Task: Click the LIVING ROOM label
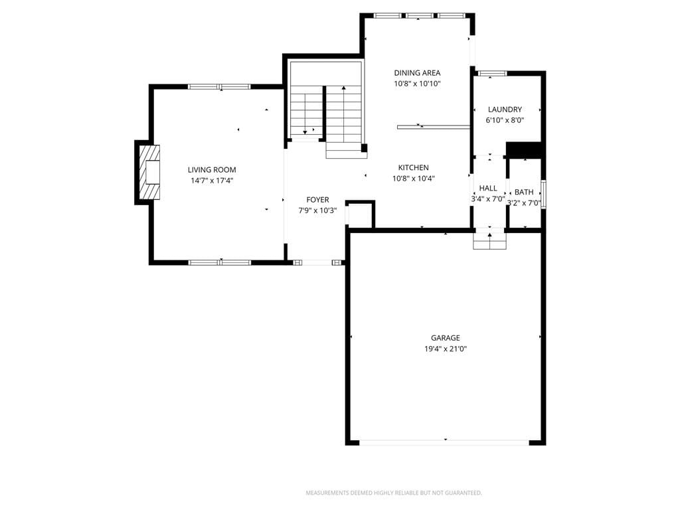(x=212, y=170)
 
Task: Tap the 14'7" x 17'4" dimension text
(x=212, y=181)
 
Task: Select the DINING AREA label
(x=417, y=73)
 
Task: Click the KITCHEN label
(x=413, y=167)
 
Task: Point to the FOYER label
(x=317, y=200)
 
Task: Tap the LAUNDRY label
(x=505, y=110)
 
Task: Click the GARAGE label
(x=446, y=338)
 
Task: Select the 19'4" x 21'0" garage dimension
(x=446, y=349)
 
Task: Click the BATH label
(x=524, y=192)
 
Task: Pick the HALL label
(x=488, y=188)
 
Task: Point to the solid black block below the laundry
(x=524, y=150)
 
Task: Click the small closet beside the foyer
(x=360, y=214)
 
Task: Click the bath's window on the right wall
(x=543, y=195)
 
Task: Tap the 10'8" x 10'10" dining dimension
(x=417, y=84)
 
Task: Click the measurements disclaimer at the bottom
(x=394, y=493)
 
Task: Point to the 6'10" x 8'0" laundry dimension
(x=505, y=120)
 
